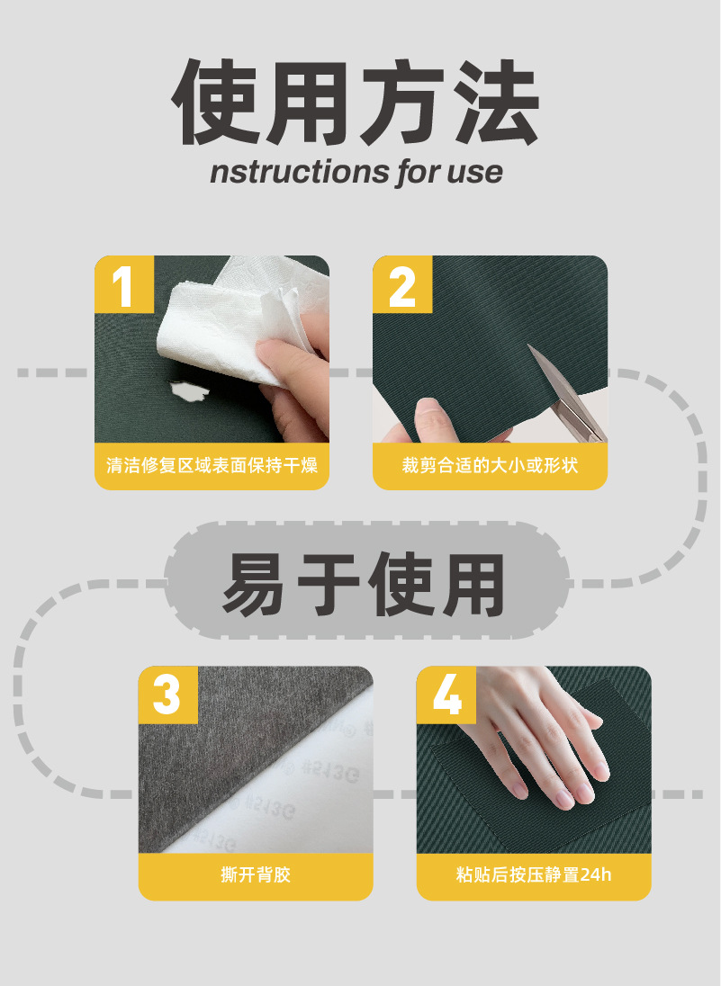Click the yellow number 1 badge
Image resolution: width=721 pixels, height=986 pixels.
pyautogui.click(x=124, y=284)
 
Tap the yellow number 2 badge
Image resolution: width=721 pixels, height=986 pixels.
pyautogui.click(x=402, y=284)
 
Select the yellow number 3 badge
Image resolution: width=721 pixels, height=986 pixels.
pyautogui.click(x=168, y=695)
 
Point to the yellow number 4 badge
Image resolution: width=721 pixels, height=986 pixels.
pyautogui.click(x=446, y=695)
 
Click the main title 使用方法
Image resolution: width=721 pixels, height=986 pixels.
pyautogui.click(x=356, y=103)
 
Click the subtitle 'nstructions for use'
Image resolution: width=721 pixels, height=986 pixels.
pyautogui.click(x=356, y=172)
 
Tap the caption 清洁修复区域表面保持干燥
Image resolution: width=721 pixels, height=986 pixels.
pyautogui.click(x=212, y=465)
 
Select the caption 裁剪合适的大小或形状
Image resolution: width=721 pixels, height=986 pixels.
pyautogui.click(x=490, y=465)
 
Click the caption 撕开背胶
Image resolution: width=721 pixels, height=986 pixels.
pyautogui.click(x=256, y=874)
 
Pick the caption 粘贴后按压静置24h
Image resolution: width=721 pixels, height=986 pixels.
pyautogui.click(x=534, y=874)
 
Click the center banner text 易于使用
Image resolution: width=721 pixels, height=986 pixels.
pyautogui.click(x=364, y=585)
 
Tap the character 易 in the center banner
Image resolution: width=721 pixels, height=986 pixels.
pyautogui.click(x=253, y=585)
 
